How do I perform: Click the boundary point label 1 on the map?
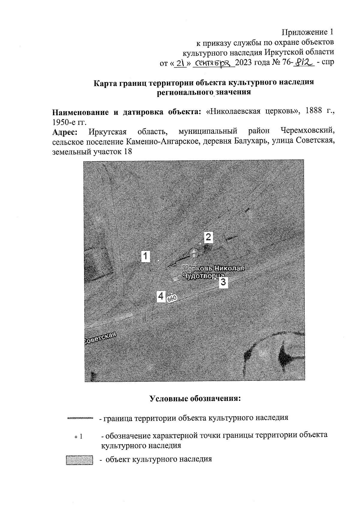coord(145,257)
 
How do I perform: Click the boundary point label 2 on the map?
coord(208,237)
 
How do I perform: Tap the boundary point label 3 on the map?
coord(223,282)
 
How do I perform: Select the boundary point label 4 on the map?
coord(161,296)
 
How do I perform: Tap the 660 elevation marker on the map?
coord(172,299)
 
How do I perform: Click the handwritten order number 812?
coord(303,62)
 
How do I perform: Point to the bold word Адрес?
coord(65,132)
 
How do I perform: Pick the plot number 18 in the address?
coord(127,151)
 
